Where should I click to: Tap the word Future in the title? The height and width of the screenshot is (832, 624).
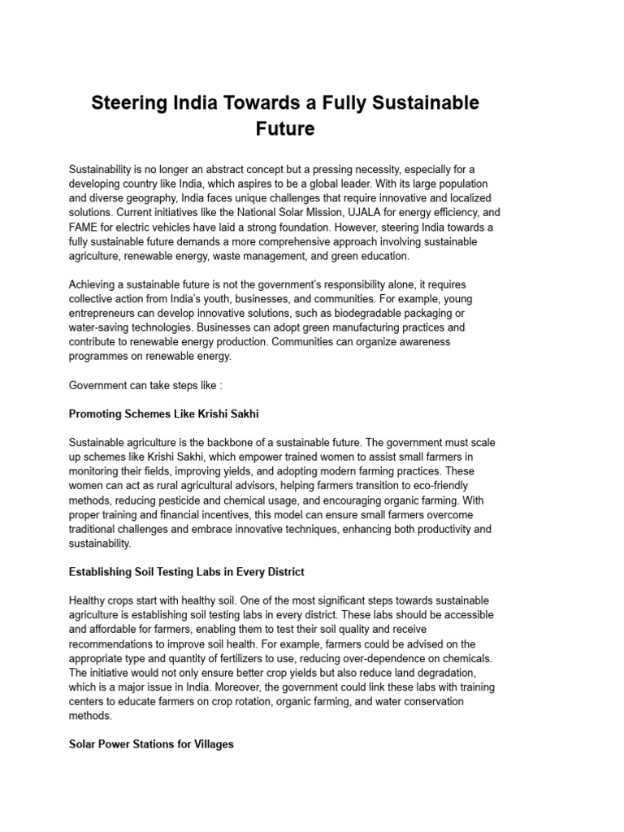point(284,129)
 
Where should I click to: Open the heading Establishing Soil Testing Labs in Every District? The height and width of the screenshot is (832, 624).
point(187,572)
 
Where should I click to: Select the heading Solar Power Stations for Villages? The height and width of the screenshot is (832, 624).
point(151,744)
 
